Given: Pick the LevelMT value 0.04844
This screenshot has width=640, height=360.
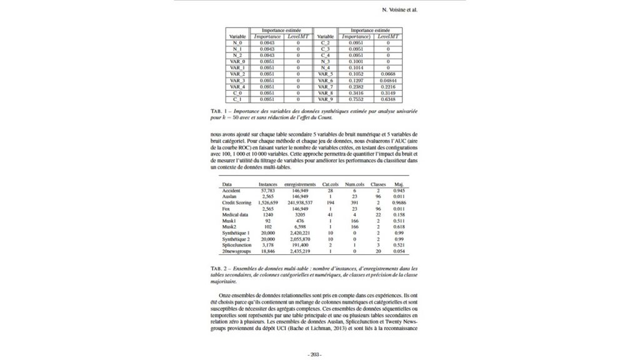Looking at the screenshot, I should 387,81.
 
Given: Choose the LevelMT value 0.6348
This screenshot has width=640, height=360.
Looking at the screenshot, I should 387,99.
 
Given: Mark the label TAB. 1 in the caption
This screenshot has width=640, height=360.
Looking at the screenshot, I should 219,111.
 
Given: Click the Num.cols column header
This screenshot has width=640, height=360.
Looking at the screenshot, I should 355,184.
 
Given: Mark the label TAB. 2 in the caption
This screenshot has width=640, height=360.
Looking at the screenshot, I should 219,267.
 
